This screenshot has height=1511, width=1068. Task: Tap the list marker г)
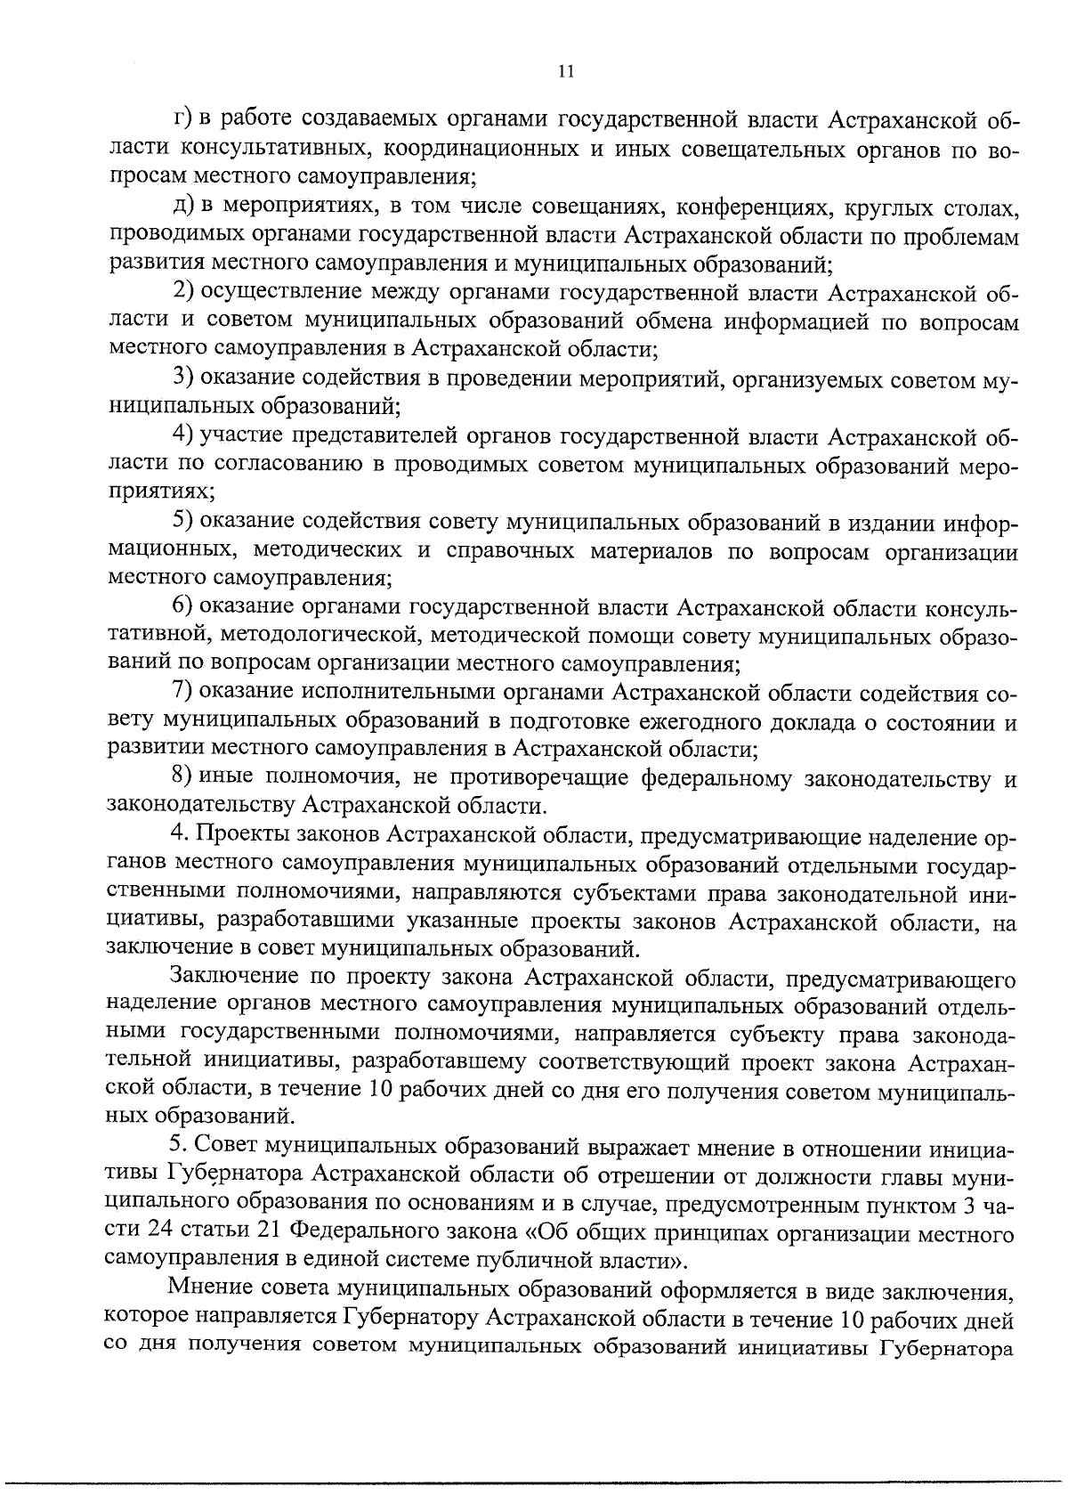click(x=182, y=119)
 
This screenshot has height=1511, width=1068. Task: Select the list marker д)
click(x=184, y=207)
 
